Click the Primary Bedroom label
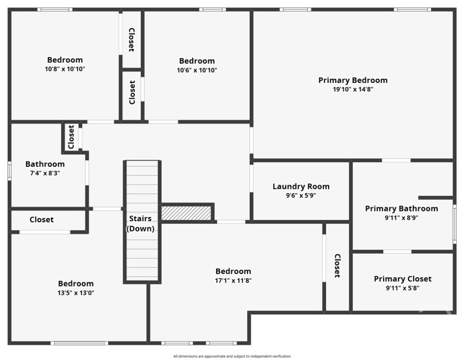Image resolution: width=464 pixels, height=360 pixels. click(353, 80)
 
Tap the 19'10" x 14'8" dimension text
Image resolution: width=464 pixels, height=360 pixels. click(353, 89)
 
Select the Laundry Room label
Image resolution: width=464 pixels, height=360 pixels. click(301, 187)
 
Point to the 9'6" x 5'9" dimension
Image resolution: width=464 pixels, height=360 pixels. click(301, 195)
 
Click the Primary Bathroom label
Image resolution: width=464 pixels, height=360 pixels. click(401, 209)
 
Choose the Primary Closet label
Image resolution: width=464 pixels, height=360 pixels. click(403, 279)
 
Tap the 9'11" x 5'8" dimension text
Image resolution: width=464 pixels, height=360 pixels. click(403, 288)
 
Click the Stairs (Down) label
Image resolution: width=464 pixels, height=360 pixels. click(140, 224)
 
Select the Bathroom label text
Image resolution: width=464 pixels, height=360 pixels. click(45, 164)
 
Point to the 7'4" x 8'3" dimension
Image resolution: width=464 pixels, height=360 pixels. click(45, 173)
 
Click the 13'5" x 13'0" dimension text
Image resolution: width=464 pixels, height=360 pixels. click(76, 293)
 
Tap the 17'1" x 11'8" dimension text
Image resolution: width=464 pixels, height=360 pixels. click(233, 280)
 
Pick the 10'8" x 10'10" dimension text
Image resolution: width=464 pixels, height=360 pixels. click(65, 69)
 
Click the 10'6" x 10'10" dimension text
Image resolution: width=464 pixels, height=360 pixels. click(197, 70)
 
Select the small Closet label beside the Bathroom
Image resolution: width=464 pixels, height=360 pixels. click(71, 137)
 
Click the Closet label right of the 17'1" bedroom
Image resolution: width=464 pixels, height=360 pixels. click(337, 266)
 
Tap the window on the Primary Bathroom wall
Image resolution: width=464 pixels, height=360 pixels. click(455, 224)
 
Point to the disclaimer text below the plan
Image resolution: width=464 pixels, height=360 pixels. click(232, 356)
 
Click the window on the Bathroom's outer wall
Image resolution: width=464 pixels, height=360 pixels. click(9, 171)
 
